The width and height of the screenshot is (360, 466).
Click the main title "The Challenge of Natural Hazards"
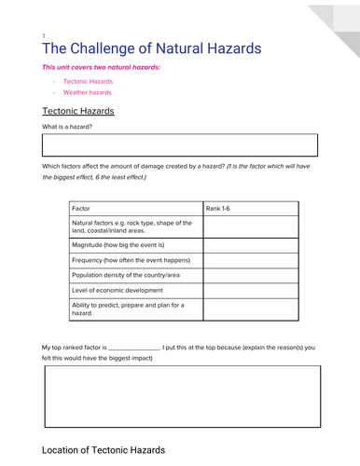(x=152, y=48)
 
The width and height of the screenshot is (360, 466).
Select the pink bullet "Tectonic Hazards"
(x=88, y=82)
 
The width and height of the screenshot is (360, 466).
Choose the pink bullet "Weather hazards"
(x=87, y=92)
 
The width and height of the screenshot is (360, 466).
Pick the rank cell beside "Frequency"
(x=250, y=260)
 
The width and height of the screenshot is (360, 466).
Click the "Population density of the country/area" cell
(x=131, y=276)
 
